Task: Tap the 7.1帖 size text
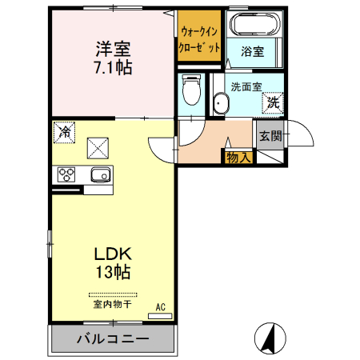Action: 112,67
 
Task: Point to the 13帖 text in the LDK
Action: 112,272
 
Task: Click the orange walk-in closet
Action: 199,40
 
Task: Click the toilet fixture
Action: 190,90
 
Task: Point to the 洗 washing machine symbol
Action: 273,102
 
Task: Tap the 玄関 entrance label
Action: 270,135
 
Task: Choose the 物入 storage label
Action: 238,157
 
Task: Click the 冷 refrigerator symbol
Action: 63,132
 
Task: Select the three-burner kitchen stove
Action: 66,175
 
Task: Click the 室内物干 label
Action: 112,305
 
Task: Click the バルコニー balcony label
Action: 112,339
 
